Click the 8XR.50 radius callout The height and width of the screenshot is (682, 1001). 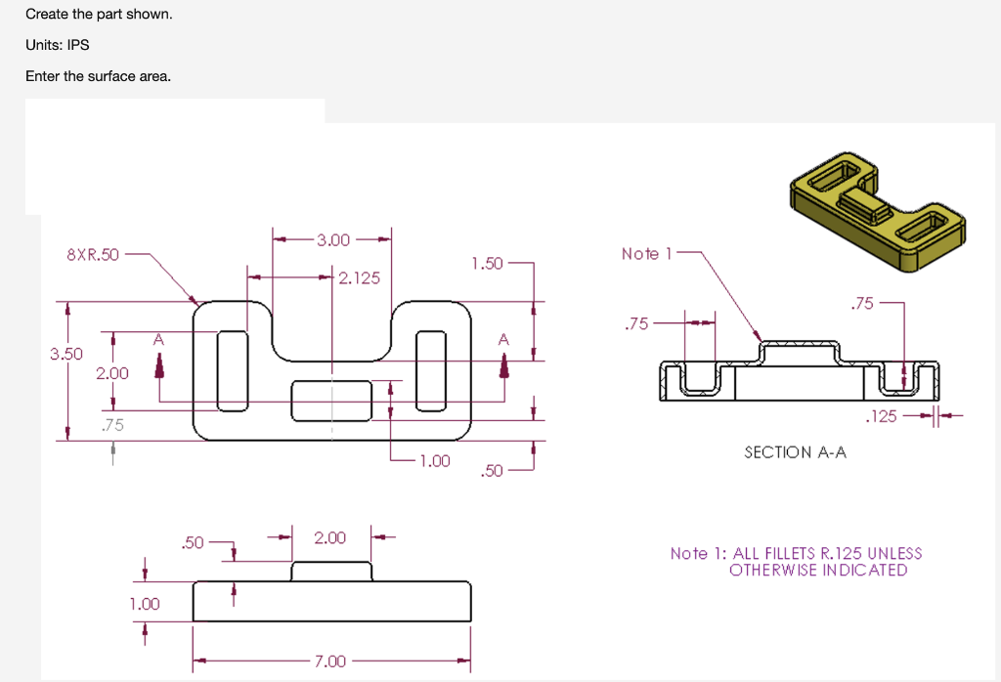(x=92, y=255)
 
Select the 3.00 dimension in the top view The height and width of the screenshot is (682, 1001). (x=332, y=239)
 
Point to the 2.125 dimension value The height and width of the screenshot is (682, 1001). (x=359, y=278)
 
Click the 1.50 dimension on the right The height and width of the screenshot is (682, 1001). (x=486, y=263)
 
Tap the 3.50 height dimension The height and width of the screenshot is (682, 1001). (x=66, y=353)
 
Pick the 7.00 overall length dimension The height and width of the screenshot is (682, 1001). (x=329, y=661)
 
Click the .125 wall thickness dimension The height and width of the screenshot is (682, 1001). (x=881, y=417)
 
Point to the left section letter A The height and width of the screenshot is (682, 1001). (x=157, y=339)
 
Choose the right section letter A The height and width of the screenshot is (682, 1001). (x=503, y=339)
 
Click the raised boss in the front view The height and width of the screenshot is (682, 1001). (x=332, y=571)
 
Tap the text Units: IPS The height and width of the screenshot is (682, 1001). (x=58, y=45)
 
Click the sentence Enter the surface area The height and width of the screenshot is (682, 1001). (x=98, y=75)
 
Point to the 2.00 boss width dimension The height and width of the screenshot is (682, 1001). (x=329, y=537)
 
